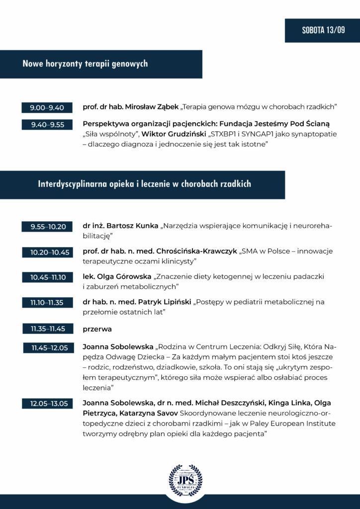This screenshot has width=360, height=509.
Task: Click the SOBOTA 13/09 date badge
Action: pyautogui.click(x=322, y=30)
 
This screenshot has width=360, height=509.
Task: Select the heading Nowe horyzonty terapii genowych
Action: pyautogui.click(x=85, y=64)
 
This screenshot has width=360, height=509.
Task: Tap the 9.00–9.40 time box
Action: pyautogui.click(x=47, y=107)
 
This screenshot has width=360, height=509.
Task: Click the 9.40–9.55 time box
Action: pyautogui.click(x=47, y=125)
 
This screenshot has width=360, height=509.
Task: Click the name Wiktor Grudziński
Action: pyautogui.click(x=174, y=134)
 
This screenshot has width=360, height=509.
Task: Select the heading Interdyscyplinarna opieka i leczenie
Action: pyautogui.click(x=144, y=184)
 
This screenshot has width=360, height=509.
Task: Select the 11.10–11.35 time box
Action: pyautogui.click(x=47, y=302)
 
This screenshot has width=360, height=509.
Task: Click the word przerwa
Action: pyautogui.click(x=97, y=329)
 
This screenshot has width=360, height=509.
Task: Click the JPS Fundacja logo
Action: pyautogui.click(x=185, y=481)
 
